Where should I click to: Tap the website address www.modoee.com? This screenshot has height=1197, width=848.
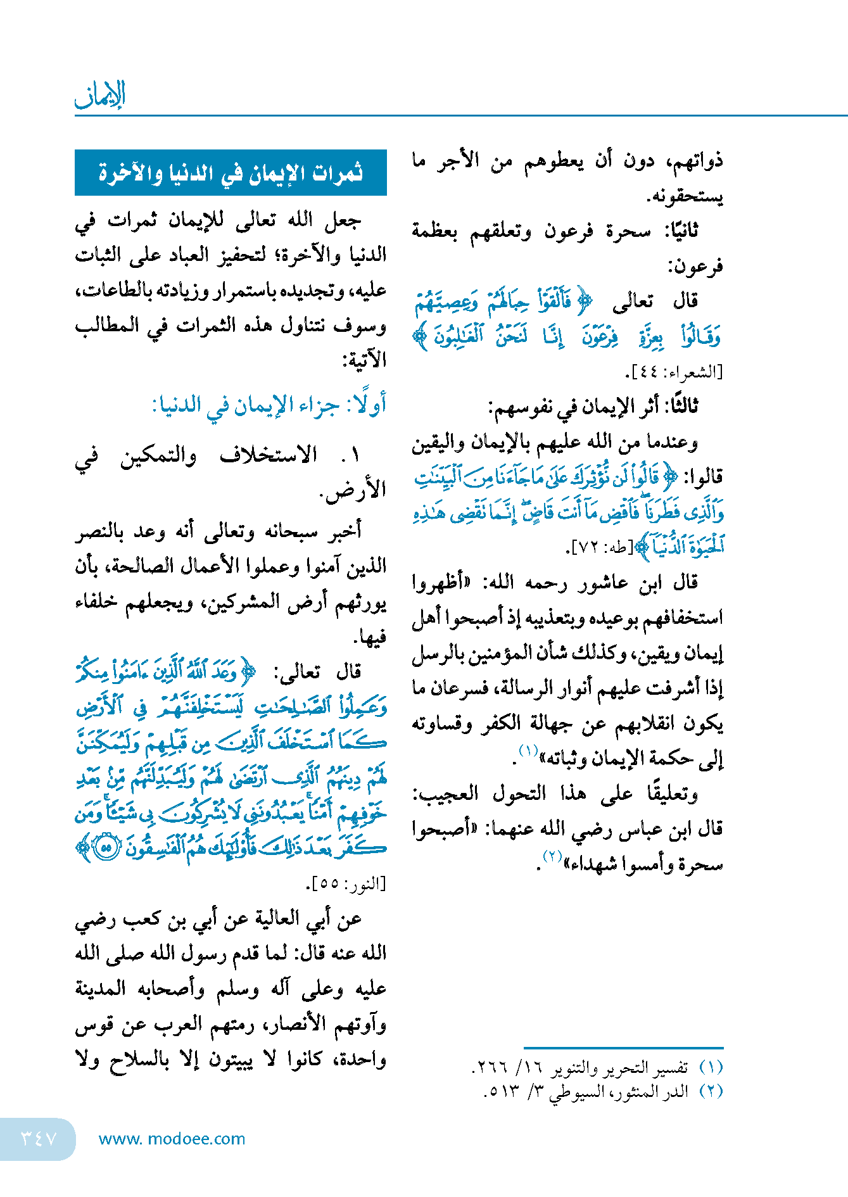172,1139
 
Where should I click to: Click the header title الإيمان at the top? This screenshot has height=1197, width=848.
100,95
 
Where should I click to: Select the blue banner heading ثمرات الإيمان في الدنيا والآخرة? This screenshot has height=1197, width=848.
231,172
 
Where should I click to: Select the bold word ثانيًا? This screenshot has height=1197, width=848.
681,231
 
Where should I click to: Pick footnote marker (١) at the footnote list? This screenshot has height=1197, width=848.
711,1068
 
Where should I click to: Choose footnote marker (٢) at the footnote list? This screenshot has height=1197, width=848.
711,1091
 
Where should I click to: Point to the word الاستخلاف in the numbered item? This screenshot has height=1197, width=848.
269,455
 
